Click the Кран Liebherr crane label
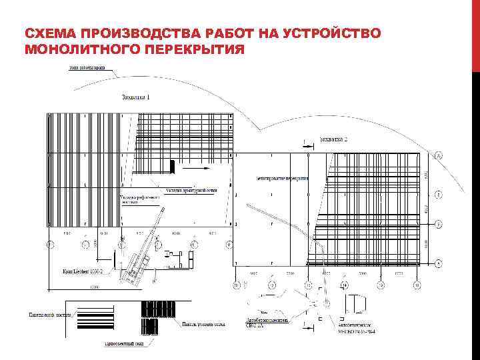(82, 272)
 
